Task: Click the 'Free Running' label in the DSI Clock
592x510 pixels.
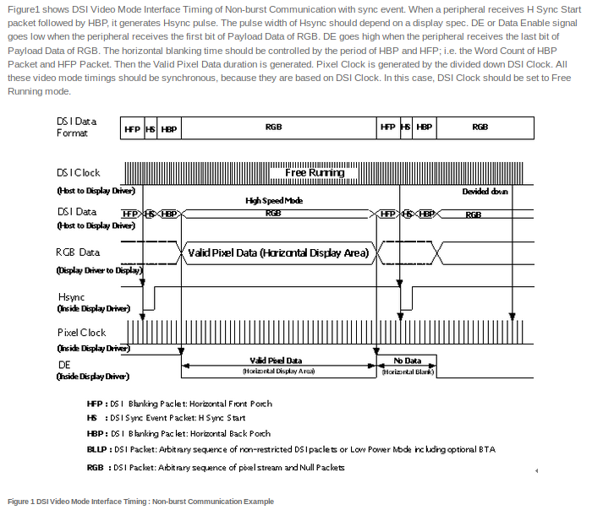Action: [315, 172]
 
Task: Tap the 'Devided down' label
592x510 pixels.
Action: [485, 192]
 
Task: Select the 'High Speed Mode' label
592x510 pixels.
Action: [273, 201]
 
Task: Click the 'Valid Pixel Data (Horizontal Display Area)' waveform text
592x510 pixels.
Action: [277, 252]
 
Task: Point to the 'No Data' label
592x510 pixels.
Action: [408, 361]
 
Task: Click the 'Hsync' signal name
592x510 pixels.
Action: [71, 297]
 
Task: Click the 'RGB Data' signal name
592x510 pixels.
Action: [78, 252]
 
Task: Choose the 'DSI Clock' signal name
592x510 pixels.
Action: [78, 173]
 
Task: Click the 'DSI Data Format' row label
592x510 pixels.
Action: [77, 127]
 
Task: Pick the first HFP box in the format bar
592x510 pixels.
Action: [133, 127]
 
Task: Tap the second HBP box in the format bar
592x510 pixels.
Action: [425, 127]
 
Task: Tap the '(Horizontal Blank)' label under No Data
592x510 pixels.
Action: [408, 372]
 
